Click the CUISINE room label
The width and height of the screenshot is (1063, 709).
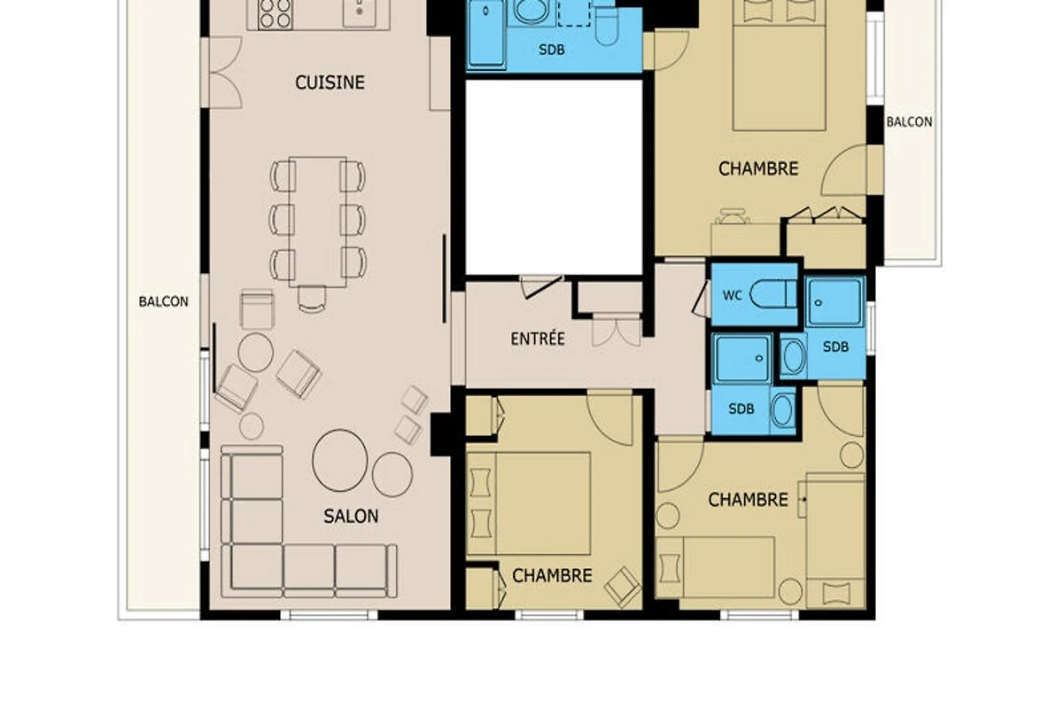[330, 82]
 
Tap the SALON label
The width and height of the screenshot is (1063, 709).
[351, 516]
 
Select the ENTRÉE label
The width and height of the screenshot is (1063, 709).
[538, 339]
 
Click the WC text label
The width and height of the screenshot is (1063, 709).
[733, 295]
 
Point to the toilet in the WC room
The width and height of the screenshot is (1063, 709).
[773, 294]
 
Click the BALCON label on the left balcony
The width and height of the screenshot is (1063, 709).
[163, 301]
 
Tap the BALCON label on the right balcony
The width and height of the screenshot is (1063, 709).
[909, 122]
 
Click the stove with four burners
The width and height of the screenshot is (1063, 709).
[275, 14]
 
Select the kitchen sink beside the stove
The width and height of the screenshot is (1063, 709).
[360, 12]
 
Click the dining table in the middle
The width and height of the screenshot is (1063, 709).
[317, 222]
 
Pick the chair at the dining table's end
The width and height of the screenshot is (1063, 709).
[312, 300]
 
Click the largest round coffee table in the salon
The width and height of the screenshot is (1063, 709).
[340, 460]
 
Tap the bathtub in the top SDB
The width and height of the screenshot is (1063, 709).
[486, 33]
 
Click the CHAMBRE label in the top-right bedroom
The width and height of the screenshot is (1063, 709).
[758, 168]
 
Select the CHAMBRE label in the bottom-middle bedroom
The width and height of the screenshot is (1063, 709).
[553, 575]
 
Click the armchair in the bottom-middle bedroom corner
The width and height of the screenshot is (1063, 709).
[623, 587]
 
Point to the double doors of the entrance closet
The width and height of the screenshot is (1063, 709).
[617, 330]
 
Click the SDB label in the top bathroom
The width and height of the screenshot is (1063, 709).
[552, 50]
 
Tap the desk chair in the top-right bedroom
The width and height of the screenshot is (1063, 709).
[733, 216]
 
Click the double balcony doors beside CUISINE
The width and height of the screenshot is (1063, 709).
[225, 73]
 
